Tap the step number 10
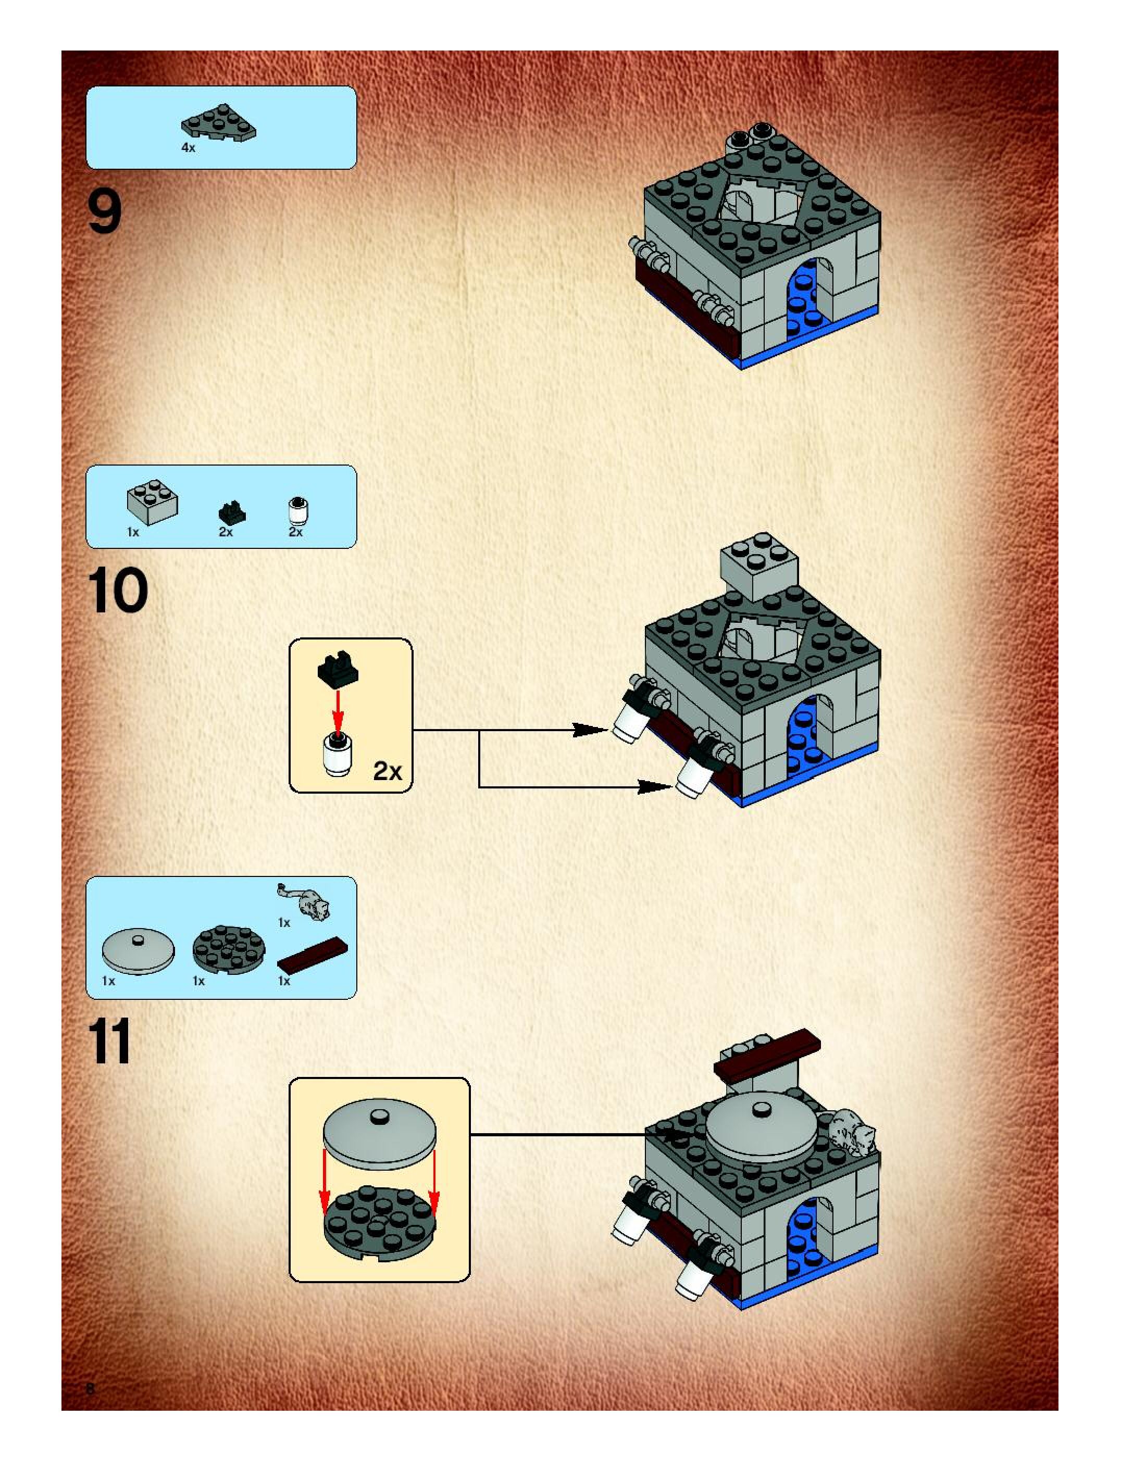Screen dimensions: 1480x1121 [x=117, y=590]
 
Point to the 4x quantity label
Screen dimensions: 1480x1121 [x=188, y=148]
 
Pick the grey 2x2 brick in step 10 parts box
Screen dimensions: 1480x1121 [x=153, y=501]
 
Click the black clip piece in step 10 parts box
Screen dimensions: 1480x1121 [x=232, y=512]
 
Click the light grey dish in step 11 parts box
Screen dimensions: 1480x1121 [x=138, y=951]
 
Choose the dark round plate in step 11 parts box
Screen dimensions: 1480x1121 [x=228, y=949]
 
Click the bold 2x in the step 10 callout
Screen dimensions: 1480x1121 [x=388, y=771]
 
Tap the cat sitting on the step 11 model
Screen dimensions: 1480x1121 [x=851, y=1132]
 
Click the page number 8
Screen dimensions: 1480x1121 [x=90, y=1388]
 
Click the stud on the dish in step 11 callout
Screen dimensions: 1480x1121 [x=380, y=1114]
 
